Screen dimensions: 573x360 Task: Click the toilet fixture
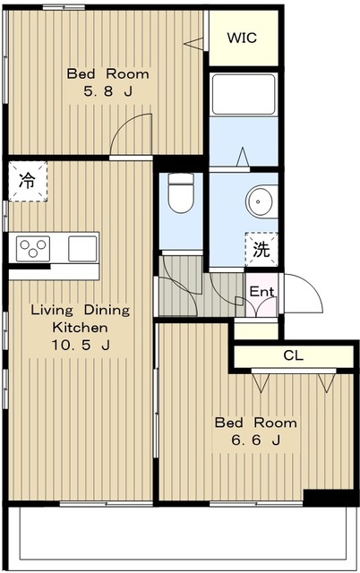[182, 193]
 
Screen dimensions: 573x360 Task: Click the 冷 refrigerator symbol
[28, 181]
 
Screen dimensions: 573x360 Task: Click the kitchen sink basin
[82, 246]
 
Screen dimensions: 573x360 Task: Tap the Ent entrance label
[261, 292]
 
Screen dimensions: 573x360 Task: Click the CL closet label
[294, 355]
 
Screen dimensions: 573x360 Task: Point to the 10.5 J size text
[81, 344]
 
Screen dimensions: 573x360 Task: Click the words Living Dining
[81, 311]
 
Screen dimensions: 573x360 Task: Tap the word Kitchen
[81, 327]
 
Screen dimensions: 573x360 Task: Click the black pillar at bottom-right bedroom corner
[318, 498]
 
